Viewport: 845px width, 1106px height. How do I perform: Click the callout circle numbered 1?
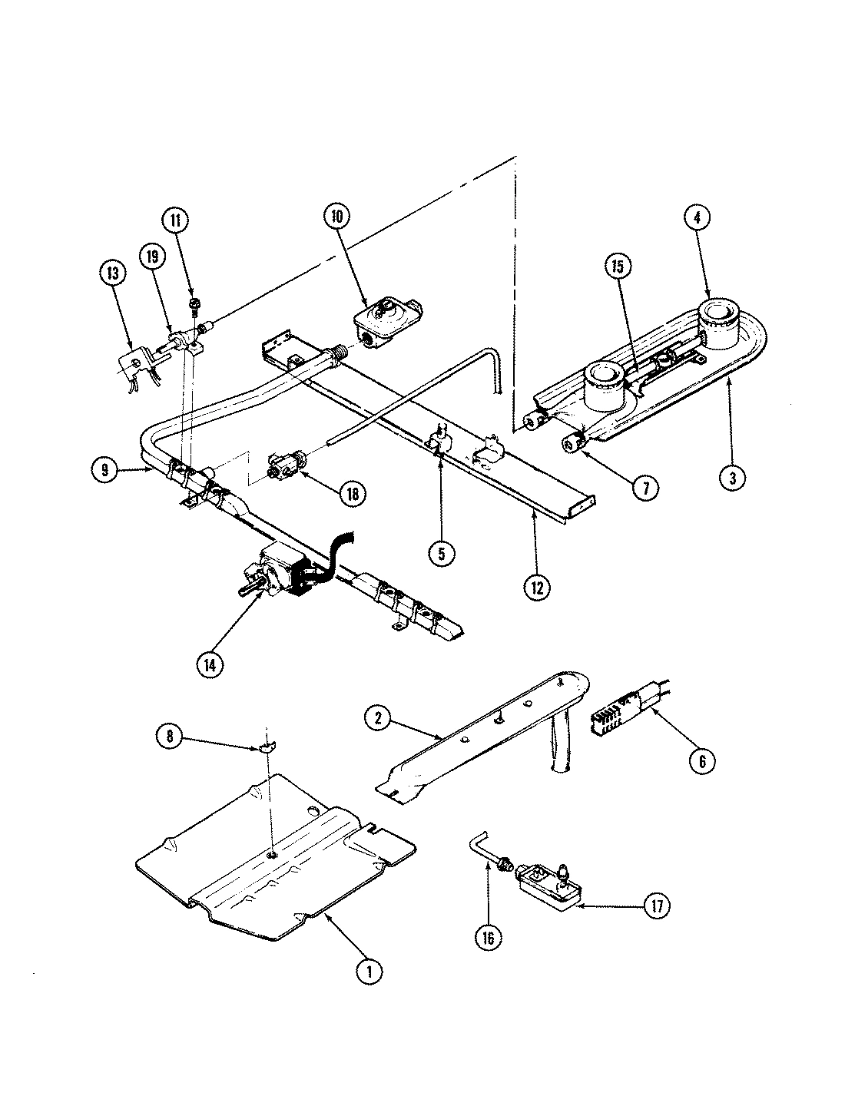tap(369, 971)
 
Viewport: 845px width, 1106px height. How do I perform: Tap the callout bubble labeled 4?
tap(696, 217)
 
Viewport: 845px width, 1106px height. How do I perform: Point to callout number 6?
tap(701, 760)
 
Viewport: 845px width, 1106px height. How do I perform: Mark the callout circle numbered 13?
tap(112, 271)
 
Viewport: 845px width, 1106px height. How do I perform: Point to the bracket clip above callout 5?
tap(439, 442)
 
